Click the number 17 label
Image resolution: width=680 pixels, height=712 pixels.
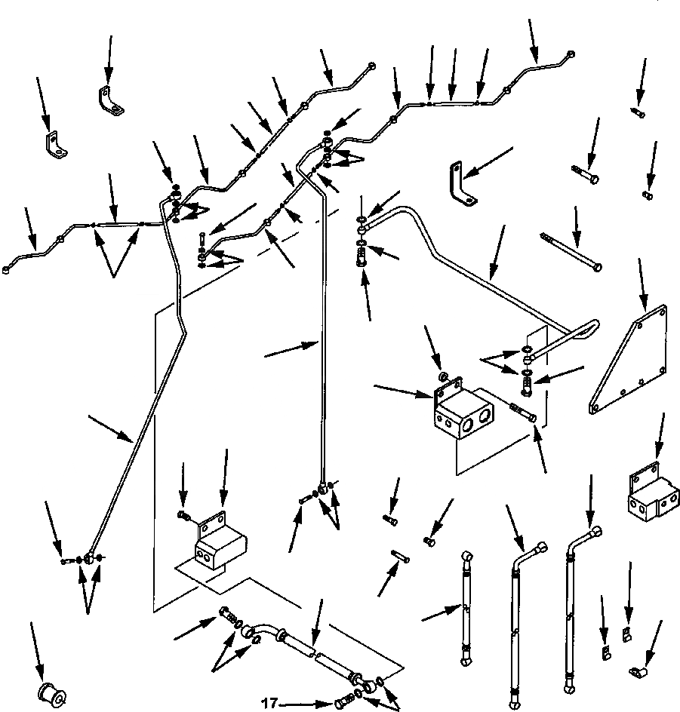click(269, 704)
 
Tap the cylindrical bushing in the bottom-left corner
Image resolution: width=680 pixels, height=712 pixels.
click(51, 695)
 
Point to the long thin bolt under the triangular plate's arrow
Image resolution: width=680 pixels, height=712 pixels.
click(571, 252)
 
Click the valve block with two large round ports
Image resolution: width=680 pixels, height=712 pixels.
click(463, 410)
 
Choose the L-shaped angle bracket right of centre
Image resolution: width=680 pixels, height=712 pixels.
click(460, 183)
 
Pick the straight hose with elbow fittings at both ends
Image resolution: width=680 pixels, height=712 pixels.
click(466, 609)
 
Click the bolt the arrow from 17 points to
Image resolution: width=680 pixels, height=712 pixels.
click(344, 704)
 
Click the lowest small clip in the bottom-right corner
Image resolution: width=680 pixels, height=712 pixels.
click(638, 672)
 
